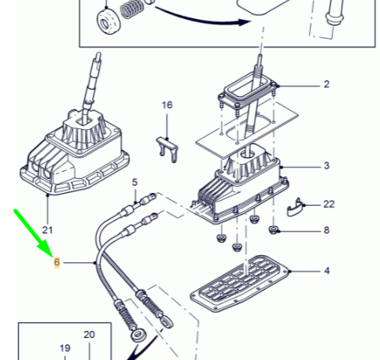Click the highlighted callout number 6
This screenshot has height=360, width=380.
pyautogui.click(x=57, y=262)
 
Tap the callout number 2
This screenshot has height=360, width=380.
pyautogui.click(x=327, y=84)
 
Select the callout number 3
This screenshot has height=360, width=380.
pyautogui.click(x=327, y=165)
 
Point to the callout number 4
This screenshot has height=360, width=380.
pyautogui.click(x=327, y=271)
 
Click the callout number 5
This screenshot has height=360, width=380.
pyautogui.click(x=135, y=182)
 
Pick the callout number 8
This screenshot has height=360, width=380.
pyautogui.click(x=327, y=230)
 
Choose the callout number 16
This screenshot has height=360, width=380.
pyautogui.click(x=167, y=105)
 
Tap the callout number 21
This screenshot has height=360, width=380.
pyautogui.click(x=47, y=230)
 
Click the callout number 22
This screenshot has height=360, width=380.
pyautogui.click(x=329, y=204)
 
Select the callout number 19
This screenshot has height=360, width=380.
pyautogui.click(x=65, y=348)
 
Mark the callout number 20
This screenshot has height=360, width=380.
pyautogui.click(x=89, y=335)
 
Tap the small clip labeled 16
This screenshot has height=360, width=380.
pyautogui.click(x=168, y=149)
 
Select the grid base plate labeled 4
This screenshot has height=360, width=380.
pyautogui.click(x=239, y=283)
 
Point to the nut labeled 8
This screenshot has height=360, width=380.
pyautogui.click(x=274, y=230)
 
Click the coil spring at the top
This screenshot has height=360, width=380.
pyautogui.click(x=132, y=9)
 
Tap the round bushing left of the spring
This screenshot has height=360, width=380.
pyautogui.click(x=109, y=22)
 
